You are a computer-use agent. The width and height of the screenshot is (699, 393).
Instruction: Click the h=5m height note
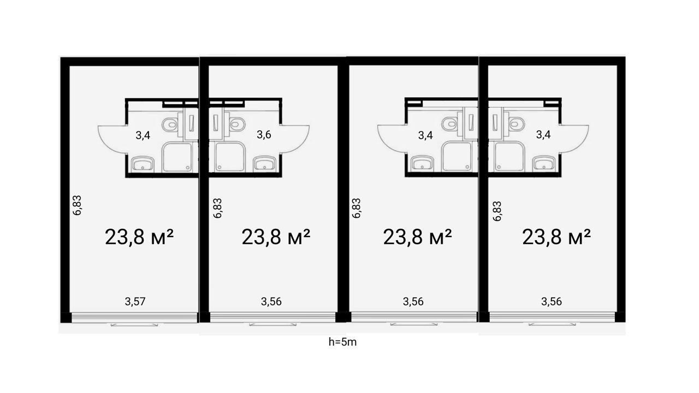tap(342, 342)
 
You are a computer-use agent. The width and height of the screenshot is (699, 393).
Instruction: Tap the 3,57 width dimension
tap(135, 301)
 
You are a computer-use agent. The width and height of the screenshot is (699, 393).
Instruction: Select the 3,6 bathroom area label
tap(264, 134)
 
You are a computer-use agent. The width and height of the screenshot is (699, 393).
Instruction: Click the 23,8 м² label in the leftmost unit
tap(139, 237)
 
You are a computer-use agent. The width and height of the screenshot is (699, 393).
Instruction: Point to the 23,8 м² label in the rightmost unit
tap(556, 237)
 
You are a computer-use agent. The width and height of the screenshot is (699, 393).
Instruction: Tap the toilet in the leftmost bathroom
tap(170, 125)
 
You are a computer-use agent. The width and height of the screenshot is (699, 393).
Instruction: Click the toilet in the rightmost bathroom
tap(517, 124)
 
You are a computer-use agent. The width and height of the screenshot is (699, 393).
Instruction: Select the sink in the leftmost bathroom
tap(143, 164)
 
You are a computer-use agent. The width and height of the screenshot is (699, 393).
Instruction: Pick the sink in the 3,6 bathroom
tap(264, 163)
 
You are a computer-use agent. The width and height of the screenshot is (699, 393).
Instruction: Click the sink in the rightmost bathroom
tap(544, 163)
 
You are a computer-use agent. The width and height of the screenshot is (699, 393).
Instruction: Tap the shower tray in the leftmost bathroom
tap(177, 157)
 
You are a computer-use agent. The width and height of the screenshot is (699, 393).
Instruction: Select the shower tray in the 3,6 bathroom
tap(230, 156)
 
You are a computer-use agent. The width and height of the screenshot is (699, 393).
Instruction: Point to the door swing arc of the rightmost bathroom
tap(581, 142)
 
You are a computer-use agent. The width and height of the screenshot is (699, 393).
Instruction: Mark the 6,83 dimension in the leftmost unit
tap(77, 205)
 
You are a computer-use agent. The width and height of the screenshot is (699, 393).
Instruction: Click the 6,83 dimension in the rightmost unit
tap(497, 211)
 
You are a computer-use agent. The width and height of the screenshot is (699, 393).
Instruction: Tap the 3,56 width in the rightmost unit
tap(552, 301)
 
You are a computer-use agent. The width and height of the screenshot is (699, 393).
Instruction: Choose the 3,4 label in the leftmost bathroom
tap(143, 135)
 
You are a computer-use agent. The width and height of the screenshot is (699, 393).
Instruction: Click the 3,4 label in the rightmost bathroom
tap(543, 134)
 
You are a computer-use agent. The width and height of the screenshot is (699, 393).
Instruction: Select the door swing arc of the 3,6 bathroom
tap(301, 142)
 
